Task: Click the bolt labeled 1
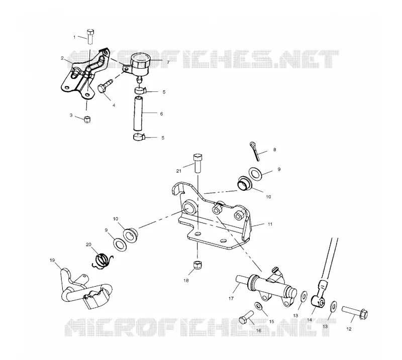[90, 37]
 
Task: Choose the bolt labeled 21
[197, 163]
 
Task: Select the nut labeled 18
[197, 266]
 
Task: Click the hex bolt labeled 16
[246, 317]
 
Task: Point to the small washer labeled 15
[258, 305]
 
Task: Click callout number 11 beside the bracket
[270, 224]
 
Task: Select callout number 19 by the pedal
[52, 260]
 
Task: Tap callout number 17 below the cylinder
[231, 298]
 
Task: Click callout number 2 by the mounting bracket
[62, 58]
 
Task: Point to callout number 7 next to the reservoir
[168, 62]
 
